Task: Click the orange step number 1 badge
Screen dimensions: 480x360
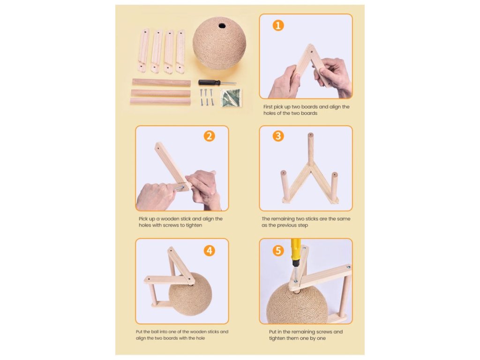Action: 278,25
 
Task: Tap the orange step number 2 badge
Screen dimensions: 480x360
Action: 210,136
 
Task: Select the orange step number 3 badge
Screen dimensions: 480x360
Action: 278,136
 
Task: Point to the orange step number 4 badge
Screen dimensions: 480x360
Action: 210,251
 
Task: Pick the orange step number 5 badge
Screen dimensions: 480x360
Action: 278,251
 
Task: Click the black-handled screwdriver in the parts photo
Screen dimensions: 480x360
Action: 217,82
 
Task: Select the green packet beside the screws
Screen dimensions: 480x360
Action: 231,97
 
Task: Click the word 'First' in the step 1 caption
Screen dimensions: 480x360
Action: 269,107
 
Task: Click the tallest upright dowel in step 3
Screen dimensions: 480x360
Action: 311,150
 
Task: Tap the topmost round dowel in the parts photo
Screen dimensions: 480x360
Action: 161,82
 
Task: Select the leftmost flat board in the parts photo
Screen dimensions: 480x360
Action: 143,51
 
